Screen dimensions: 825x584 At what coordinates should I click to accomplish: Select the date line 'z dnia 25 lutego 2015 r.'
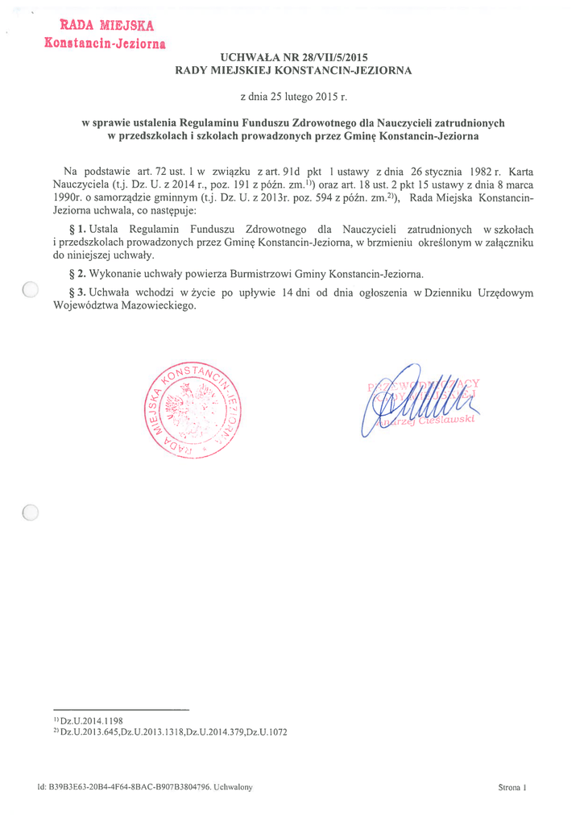pos(293,97)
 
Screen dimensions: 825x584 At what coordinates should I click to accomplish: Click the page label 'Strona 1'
pos(512,787)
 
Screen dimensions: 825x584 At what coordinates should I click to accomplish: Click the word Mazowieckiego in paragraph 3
pos(155,306)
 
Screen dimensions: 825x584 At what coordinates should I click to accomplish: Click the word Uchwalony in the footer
pos(234,787)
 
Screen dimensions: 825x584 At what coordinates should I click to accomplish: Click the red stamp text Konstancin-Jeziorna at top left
pos(106,43)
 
